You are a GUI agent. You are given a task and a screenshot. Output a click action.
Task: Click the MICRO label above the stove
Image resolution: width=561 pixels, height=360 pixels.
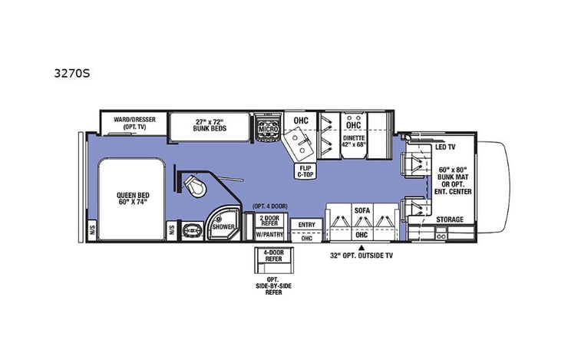(x=267, y=130)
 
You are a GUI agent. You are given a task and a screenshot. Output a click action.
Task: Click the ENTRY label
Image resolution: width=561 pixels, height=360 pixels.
(x=307, y=224)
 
